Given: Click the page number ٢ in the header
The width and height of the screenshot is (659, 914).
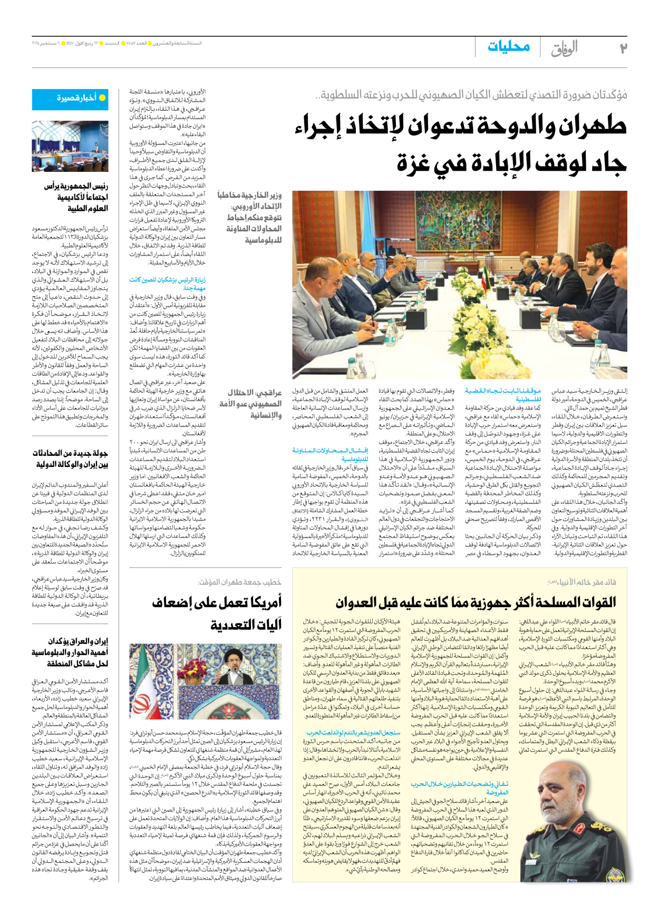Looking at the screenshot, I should [x=623, y=48].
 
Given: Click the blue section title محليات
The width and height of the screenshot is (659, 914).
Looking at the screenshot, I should [x=508, y=47].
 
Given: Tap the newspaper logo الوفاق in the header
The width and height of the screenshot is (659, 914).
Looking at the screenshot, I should [x=564, y=48].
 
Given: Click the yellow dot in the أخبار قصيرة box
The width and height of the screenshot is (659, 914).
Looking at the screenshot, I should [x=102, y=98].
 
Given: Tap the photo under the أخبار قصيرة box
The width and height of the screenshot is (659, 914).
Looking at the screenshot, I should [x=70, y=146].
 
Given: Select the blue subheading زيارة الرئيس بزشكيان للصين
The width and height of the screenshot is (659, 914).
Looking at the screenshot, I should [x=167, y=284].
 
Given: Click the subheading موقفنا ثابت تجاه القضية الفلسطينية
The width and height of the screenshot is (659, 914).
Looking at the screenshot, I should [x=503, y=395].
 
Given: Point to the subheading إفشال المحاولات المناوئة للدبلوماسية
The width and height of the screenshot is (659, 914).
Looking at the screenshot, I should [x=330, y=454].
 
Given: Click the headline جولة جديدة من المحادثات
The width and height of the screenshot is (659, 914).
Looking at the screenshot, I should [x=70, y=458].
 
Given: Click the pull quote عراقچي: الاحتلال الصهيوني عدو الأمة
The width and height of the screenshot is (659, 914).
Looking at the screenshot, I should [x=251, y=404].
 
